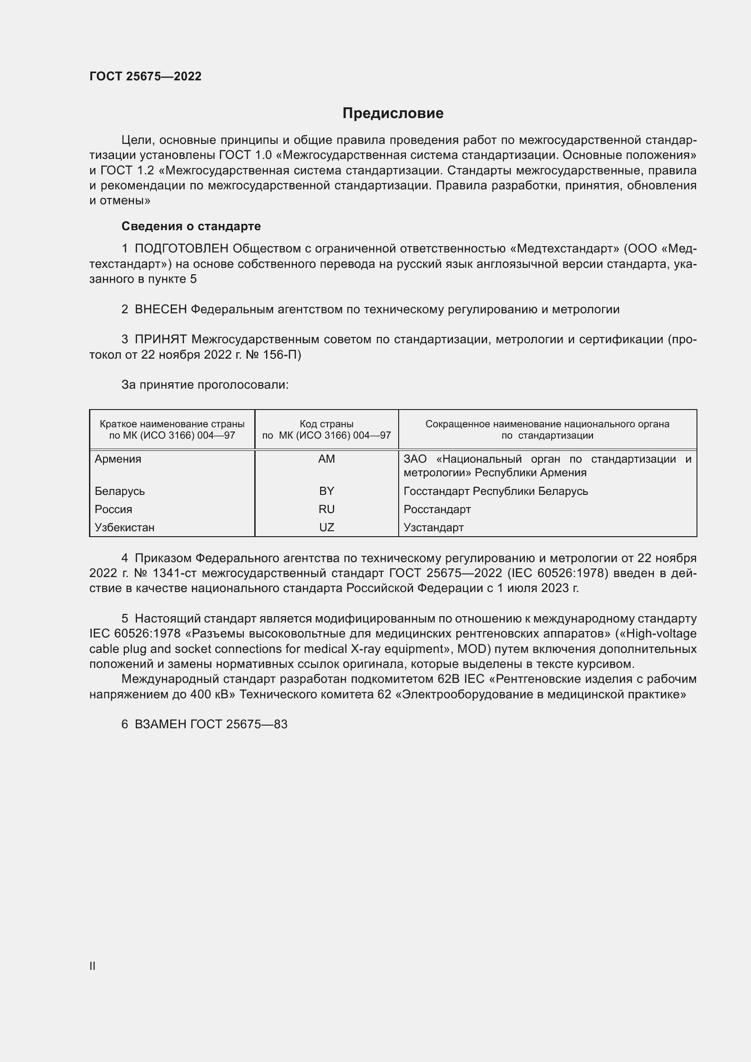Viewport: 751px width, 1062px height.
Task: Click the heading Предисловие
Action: coord(393,114)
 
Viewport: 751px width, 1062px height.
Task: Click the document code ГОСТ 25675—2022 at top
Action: coord(145,76)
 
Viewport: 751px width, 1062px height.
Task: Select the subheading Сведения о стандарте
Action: coord(191,226)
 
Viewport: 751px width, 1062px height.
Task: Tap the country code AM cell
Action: coord(326,459)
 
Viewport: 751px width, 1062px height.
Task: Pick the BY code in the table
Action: coord(326,491)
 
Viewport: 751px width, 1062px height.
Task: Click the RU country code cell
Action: coord(326,509)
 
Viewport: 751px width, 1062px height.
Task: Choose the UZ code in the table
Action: coord(326,527)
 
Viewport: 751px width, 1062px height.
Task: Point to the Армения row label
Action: coord(118,459)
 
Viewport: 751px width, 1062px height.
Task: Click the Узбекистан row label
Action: coord(124,527)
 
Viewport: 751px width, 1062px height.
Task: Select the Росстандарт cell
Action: coord(437,509)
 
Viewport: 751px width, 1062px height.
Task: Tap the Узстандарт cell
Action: coord(433,527)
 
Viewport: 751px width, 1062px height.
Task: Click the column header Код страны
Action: coord(326,424)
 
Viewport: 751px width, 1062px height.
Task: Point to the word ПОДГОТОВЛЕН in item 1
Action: coord(181,249)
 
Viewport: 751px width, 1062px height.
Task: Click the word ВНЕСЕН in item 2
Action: coord(160,310)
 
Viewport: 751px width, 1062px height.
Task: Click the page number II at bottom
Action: coord(93,966)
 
